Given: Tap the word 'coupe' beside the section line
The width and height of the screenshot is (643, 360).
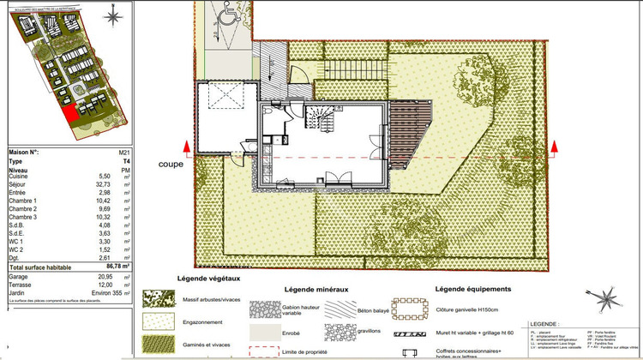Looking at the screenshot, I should tap(171, 164).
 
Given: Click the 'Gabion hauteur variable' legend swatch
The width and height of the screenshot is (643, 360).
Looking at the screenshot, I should tap(265, 305).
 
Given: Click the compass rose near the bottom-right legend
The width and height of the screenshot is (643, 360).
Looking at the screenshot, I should tap(610, 297).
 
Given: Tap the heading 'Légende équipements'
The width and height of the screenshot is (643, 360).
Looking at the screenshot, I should tap(473, 290).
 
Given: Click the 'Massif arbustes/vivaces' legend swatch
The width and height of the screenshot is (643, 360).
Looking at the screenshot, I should tap(156, 297).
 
